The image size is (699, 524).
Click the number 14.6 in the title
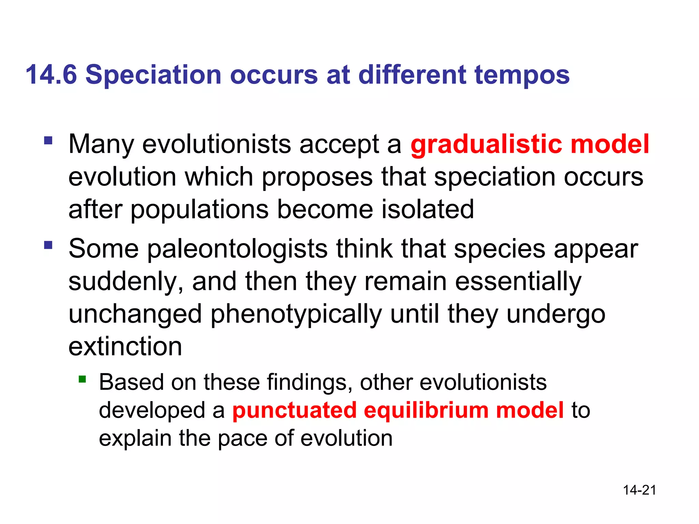[51, 75]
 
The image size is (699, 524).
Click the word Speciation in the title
[153, 75]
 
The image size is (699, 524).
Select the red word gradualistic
[486, 145]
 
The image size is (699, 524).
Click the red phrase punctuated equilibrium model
[398, 410]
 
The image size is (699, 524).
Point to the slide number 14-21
[639, 490]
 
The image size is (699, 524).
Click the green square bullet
[82, 379]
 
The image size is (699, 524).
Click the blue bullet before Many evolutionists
[48, 141]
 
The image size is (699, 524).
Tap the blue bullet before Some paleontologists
[48, 245]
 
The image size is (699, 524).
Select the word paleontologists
[237, 249]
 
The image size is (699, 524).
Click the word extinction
[125, 347]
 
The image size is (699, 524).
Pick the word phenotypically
[296, 315]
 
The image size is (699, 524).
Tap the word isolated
[427, 209]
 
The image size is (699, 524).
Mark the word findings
[309, 382]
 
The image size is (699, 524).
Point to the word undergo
[556, 315]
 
